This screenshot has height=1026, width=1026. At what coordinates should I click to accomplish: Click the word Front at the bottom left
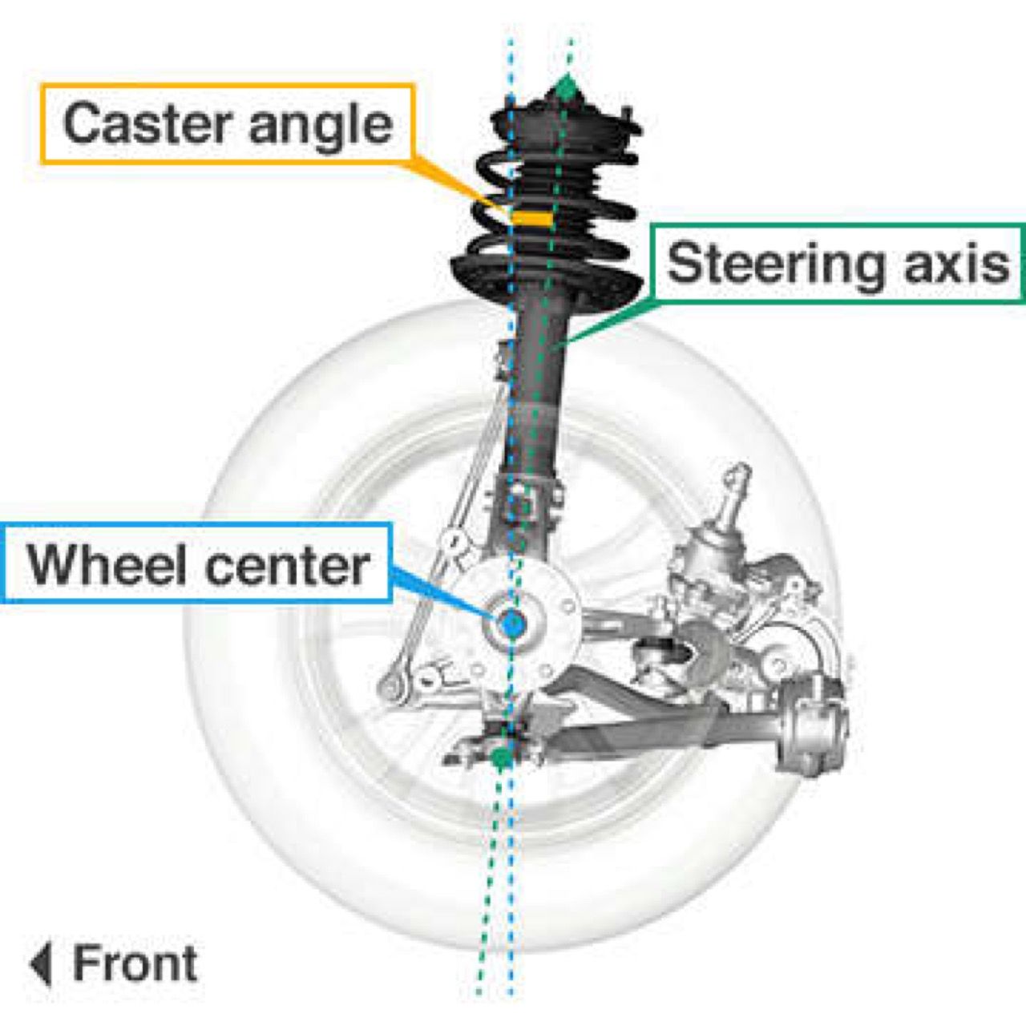coord(135,963)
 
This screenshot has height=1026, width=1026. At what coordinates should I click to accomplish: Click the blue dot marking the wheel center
coord(511,624)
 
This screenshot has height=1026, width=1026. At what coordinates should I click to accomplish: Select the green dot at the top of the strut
coord(567,87)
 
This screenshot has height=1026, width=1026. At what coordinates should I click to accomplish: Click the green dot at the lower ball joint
coord(501,756)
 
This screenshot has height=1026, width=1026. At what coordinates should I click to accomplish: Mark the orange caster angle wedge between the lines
coord(531,217)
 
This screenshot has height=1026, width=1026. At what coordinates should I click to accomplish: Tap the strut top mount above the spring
coord(561,120)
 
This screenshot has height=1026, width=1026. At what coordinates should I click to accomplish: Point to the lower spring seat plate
coord(545,277)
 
